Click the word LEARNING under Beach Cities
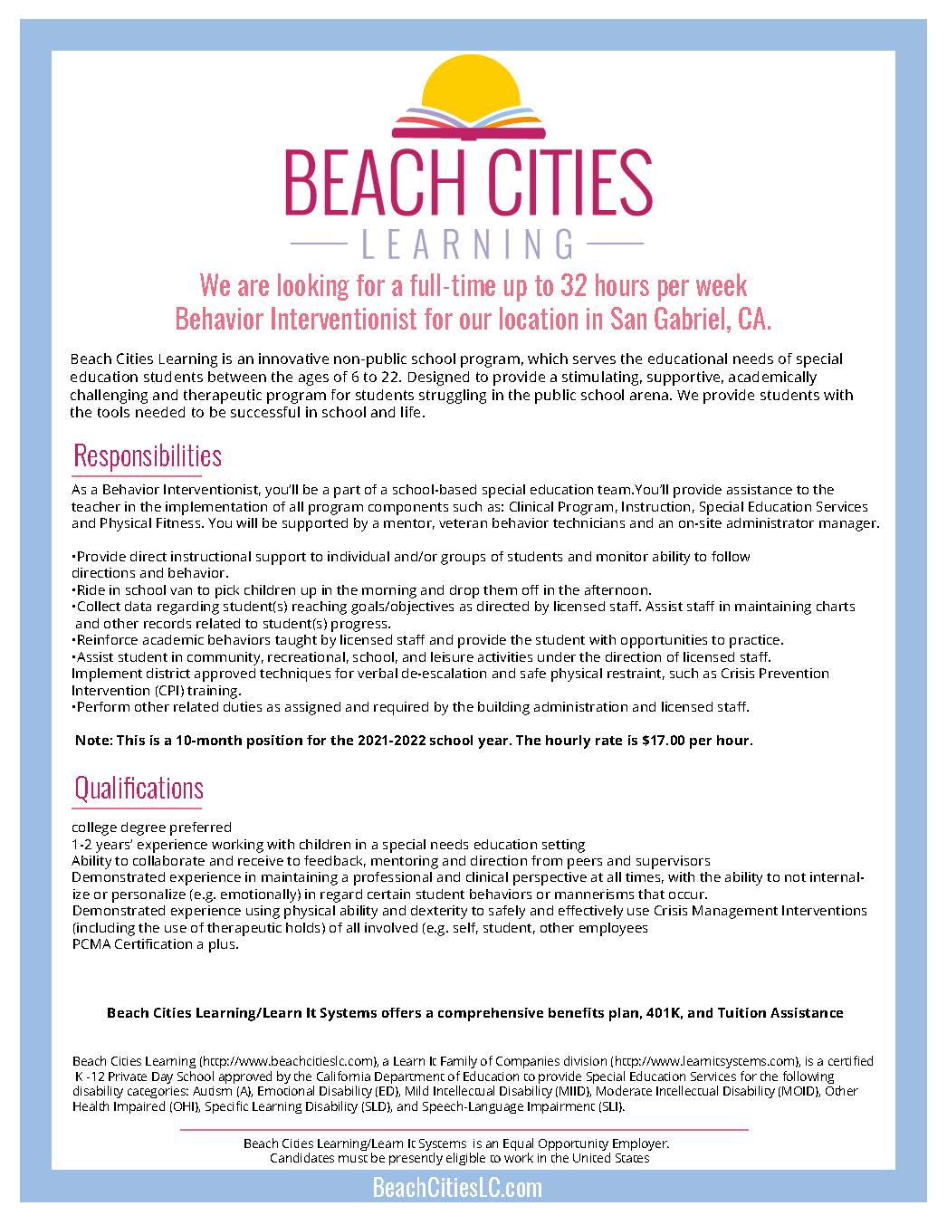click(468, 244)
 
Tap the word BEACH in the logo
click(369, 183)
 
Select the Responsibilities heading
click(147, 455)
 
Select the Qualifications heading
click(139, 788)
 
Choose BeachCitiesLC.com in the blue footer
click(457, 1188)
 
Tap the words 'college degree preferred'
click(151, 827)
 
